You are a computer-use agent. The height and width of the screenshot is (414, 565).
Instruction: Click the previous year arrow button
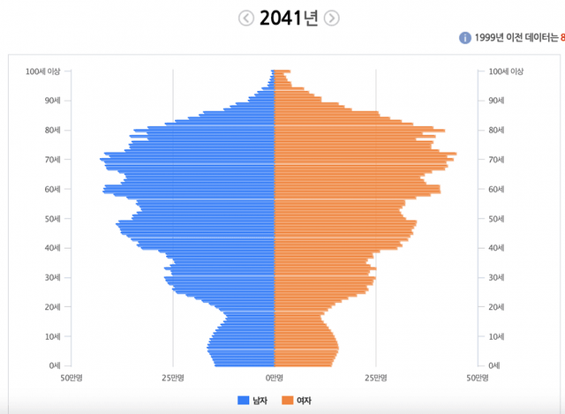(x=245, y=18)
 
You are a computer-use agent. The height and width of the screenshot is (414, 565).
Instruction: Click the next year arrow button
(x=332, y=18)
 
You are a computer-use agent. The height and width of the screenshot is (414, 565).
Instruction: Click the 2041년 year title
(x=289, y=19)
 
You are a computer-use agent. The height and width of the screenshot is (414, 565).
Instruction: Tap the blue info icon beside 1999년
(x=464, y=38)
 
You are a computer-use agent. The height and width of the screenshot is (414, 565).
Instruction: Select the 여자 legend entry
(x=298, y=401)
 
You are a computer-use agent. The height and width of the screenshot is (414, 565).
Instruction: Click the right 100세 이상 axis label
(x=506, y=72)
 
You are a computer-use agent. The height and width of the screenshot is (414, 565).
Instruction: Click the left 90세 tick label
(x=52, y=101)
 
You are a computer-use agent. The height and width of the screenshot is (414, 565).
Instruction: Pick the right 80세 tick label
(x=497, y=131)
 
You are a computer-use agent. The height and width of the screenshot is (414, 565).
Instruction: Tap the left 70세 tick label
(x=52, y=160)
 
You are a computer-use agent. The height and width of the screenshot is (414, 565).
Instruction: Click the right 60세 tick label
(x=497, y=189)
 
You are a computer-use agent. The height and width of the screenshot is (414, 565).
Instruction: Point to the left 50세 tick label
(x=52, y=219)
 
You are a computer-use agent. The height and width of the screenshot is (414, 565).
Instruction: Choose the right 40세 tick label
(x=497, y=248)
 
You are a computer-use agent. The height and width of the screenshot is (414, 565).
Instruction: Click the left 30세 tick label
(x=52, y=277)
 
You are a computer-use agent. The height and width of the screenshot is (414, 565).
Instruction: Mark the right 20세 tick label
(x=497, y=307)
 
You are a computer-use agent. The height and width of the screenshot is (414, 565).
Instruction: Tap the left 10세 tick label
(x=52, y=336)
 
